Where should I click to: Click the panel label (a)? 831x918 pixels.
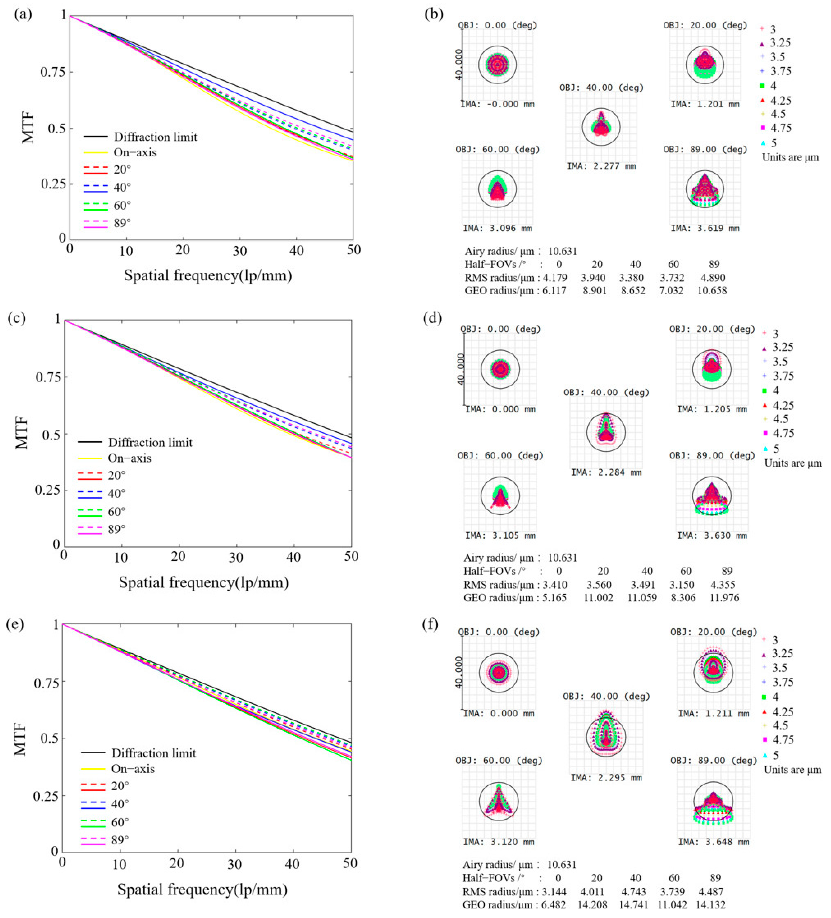click(23, 15)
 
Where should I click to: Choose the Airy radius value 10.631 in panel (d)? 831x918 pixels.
click(562, 558)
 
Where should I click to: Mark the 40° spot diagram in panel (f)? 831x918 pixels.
click(606, 736)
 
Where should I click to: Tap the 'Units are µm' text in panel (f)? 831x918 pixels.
click(792, 770)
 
